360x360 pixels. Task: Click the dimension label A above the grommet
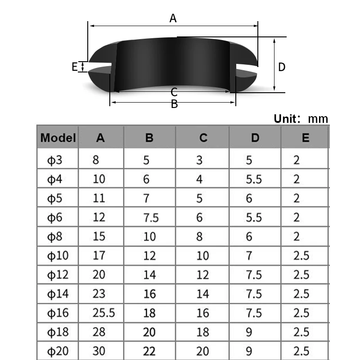point(173,18)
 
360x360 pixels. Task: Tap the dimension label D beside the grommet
point(282,67)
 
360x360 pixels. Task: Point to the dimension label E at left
point(75,67)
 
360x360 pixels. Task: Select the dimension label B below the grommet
point(174,104)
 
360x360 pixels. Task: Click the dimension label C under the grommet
point(174,93)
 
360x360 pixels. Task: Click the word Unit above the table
point(286,119)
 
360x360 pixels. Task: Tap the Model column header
point(58,138)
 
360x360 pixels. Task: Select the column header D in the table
point(255,138)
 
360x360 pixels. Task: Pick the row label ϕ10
point(58,256)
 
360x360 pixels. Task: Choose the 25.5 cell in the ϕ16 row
point(104,313)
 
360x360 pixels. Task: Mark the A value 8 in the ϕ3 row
point(96,160)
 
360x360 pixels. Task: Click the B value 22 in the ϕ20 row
point(149,351)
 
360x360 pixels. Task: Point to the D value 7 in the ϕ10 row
point(249,256)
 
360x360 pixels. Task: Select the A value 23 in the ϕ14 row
point(99,294)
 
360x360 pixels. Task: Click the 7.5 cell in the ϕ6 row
point(151,218)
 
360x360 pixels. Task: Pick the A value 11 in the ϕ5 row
point(99,198)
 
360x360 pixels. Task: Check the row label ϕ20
point(58,351)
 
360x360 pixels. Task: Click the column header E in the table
point(306,138)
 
